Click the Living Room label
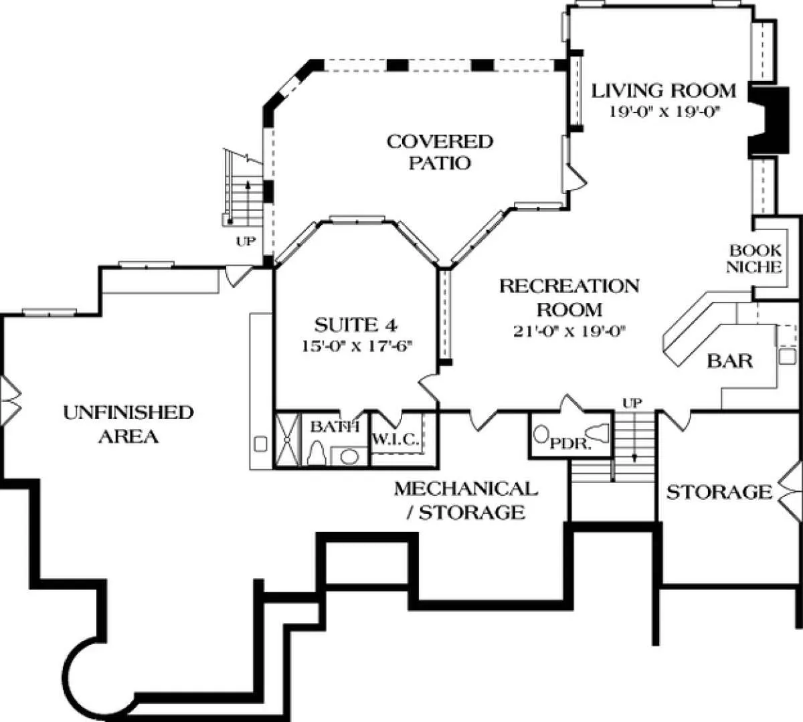[664, 90]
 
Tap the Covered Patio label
[440, 151]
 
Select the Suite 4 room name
[357, 326]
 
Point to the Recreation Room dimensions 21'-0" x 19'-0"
[569, 331]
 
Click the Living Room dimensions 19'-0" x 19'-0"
[663, 111]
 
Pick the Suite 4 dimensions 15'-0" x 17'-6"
[357, 346]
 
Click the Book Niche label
[755, 259]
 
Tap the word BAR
[730, 361]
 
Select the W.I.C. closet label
[395, 440]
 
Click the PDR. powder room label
[571, 443]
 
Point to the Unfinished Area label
[128, 424]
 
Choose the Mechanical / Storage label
[466, 501]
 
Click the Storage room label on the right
[718, 493]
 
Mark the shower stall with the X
[286, 442]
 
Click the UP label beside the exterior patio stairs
[246, 242]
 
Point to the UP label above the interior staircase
[632, 403]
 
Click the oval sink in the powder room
[541, 434]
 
